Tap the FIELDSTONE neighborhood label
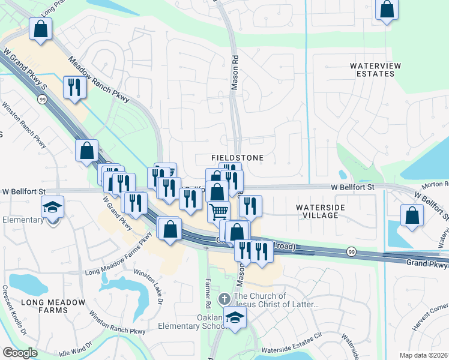coord(238,157)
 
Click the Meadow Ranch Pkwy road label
coord(99,80)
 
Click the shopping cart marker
coord(218,211)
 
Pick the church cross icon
coord(224,298)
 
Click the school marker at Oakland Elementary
coord(235,318)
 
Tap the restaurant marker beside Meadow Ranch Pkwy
coord(75,87)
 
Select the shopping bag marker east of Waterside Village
coord(412,216)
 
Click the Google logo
coord(20,353)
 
